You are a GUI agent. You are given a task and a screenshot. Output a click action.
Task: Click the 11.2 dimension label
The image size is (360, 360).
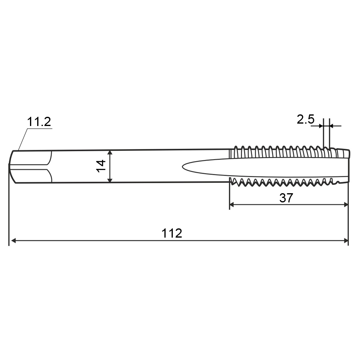39,122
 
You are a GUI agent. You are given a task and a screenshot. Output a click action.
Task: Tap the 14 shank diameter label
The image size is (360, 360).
101,166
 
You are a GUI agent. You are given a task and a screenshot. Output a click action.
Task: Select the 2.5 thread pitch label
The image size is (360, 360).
305,119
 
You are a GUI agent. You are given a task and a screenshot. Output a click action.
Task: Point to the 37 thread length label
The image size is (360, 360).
286,198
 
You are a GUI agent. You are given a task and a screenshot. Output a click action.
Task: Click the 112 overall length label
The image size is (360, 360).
172,233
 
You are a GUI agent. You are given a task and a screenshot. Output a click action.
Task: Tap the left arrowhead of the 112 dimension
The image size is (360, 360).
14,241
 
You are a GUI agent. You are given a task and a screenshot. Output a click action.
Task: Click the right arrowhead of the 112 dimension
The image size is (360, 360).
346,241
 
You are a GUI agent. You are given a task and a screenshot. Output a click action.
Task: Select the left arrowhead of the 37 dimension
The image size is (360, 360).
232,204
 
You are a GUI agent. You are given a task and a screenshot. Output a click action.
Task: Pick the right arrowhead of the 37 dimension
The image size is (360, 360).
346,204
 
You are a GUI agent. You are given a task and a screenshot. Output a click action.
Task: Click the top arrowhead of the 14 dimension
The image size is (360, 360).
110,153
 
